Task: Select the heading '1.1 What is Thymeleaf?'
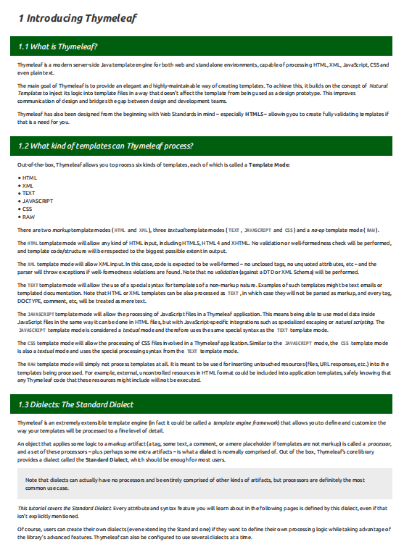point(58,47)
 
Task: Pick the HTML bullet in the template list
point(30,178)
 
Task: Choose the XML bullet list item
point(28,186)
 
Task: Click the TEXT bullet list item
point(29,193)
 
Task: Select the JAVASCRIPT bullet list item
point(37,201)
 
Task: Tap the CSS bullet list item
point(28,209)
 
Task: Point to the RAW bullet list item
point(28,217)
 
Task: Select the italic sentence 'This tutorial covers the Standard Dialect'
point(64,508)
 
